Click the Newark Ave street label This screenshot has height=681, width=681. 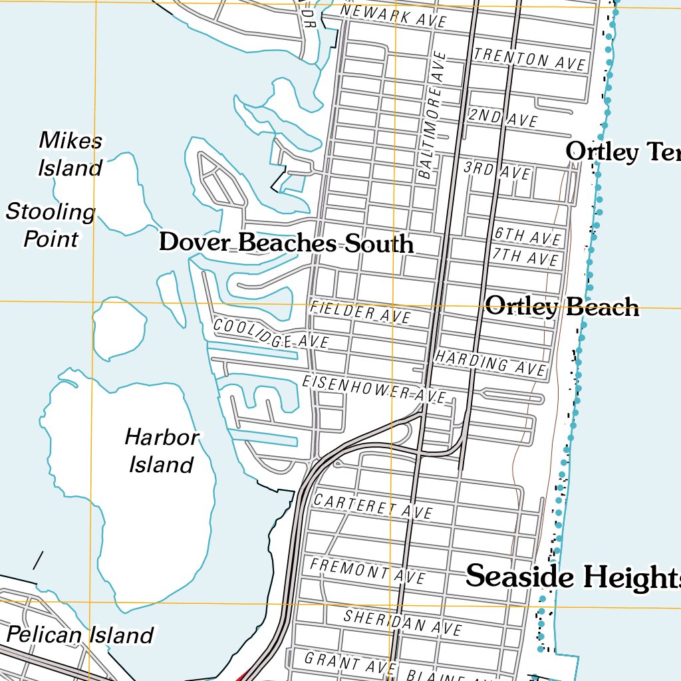394,16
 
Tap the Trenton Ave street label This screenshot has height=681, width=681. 530,59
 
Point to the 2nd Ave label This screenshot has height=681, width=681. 503,118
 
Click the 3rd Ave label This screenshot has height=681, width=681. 497,170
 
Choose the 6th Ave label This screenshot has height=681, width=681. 528,236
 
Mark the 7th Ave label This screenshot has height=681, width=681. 525,256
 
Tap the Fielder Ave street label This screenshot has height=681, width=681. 360,312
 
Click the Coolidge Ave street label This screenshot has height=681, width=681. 271,334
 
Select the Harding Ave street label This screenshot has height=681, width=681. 490,362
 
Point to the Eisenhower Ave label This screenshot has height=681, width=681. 374,388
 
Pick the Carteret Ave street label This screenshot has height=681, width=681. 373,506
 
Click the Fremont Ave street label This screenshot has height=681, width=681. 367,570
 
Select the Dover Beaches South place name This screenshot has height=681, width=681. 286,243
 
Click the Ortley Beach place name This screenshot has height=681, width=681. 562,307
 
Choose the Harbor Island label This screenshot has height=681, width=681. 162,451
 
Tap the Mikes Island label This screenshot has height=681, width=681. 70,154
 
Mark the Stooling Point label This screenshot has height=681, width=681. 51,225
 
